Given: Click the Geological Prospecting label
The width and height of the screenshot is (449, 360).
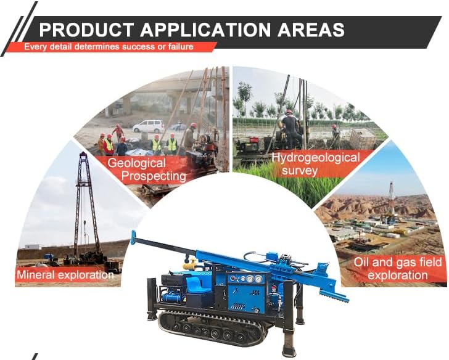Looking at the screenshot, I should [146, 170].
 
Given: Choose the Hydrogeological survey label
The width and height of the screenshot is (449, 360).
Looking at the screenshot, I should [316, 163].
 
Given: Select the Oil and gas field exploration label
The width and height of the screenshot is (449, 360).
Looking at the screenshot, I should [398, 269].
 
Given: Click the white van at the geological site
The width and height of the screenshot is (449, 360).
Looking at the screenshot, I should [148, 126].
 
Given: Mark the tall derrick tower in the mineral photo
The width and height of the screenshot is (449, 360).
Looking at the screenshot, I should [84, 197].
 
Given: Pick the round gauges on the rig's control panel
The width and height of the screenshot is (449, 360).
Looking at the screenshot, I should [247, 279].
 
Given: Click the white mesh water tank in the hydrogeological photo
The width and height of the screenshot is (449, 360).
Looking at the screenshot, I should [362, 138].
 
